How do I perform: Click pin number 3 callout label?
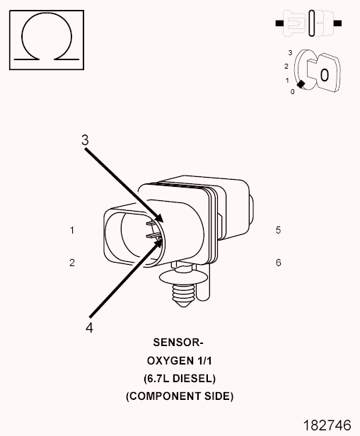(85, 140)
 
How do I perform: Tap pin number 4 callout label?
(89, 328)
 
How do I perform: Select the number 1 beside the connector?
(72, 230)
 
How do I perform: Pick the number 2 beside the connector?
(72, 263)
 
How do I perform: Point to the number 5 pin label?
(279, 230)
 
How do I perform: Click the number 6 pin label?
(279, 263)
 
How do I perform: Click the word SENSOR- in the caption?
(178, 343)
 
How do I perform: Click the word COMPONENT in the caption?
(166, 396)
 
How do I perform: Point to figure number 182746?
(327, 425)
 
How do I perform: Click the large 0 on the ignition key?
(325, 75)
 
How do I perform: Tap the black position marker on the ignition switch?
(301, 84)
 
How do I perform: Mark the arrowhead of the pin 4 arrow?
(158, 243)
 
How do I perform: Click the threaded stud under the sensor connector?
(182, 294)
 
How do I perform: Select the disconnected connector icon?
(308, 23)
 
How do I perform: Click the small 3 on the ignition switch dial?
(290, 53)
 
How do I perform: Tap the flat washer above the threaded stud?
(182, 277)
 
